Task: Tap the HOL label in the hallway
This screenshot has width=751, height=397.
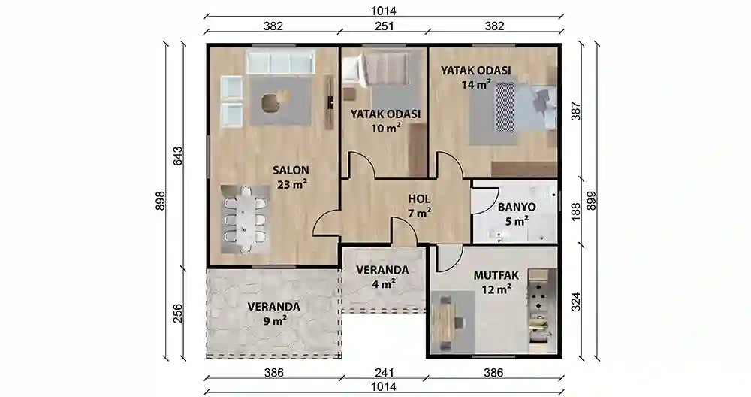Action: pyautogui.click(x=419, y=198)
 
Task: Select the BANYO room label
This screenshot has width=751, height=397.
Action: pyautogui.click(x=517, y=206)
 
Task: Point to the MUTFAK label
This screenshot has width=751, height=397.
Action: pyautogui.click(x=493, y=274)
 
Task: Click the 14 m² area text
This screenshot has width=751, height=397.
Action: pyautogui.click(x=476, y=85)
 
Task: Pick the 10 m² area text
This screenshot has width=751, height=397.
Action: pyautogui.click(x=385, y=128)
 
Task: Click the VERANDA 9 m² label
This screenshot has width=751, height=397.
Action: pyautogui.click(x=274, y=307)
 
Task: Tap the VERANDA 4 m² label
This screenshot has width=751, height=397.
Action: pyautogui.click(x=382, y=269)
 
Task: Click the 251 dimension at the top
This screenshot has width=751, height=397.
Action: pyautogui.click(x=383, y=26)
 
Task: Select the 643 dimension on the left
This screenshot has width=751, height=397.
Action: pyautogui.click(x=179, y=155)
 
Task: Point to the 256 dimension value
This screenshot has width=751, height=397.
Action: pyautogui.click(x=179, y=312)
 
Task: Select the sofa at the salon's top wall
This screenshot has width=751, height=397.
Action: pyautogui.click(x=281, y=63)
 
